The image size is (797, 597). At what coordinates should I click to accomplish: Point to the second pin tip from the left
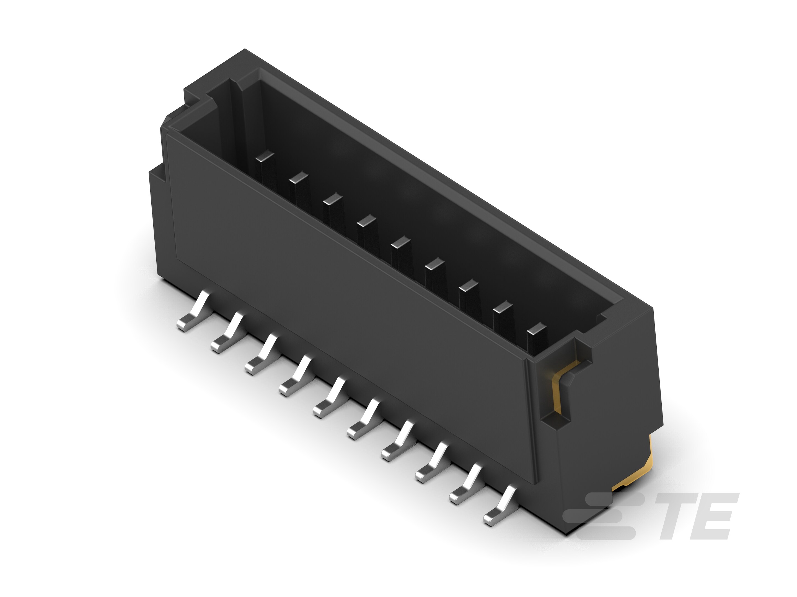tap(299, 178)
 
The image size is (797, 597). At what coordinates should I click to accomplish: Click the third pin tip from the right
tap(469, 286)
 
